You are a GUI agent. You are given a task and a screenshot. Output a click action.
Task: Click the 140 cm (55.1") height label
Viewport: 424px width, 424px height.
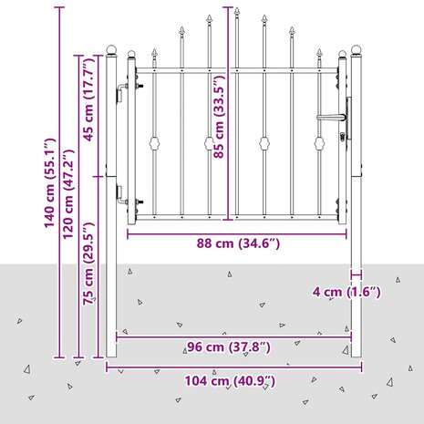pos(49,183)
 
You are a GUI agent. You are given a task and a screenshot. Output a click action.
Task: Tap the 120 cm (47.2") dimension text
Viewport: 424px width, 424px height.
pos(68,193)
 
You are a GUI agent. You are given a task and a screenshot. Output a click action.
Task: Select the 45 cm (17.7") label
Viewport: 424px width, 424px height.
pos(89,100)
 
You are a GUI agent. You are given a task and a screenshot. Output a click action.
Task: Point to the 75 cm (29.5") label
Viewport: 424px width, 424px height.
pos(89,264)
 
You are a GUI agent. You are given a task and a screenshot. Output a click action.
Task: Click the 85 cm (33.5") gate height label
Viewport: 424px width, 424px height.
pos(219,117)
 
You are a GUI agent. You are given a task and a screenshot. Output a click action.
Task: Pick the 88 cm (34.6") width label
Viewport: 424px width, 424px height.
pos(238,243)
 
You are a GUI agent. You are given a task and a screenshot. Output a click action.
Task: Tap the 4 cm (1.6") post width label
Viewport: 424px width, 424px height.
pos(346,292)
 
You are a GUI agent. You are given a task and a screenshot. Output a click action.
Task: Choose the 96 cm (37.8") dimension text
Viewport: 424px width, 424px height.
pos(229,346)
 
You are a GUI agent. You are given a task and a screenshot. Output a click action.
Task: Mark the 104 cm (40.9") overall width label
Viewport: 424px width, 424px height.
pos(230,381)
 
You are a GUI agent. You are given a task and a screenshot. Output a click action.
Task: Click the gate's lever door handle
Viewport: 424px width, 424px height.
pos(331,118)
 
